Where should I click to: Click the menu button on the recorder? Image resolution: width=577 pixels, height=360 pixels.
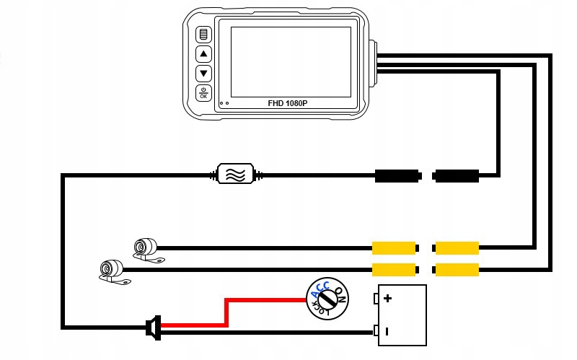(203, 35)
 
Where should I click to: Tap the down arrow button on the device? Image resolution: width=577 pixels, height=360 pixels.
(203, 73)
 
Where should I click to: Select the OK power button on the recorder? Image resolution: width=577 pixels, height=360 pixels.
(203, 92)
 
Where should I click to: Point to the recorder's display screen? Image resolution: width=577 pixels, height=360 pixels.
(291, 61)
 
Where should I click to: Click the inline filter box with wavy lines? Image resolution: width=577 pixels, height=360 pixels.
(236, 174)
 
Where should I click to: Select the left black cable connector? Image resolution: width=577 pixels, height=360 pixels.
(397, 175)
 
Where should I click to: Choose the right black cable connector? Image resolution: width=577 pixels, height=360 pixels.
(457, 175)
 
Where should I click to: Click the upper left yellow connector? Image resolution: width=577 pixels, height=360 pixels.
(394, 248)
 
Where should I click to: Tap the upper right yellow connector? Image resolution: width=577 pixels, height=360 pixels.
(457, 248)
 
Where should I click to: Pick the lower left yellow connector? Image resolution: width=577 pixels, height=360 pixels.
(394, 270)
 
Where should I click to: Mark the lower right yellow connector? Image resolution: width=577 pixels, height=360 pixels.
(457, 270)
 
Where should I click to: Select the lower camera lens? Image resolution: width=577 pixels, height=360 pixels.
(106, 270)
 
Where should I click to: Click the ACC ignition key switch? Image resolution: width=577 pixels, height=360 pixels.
(326, 297)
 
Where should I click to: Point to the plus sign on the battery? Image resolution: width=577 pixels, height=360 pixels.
(387, 298)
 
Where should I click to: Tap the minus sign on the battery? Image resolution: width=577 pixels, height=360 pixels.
(387, 331)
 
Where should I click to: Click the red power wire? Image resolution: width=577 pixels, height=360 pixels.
(227, 312)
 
